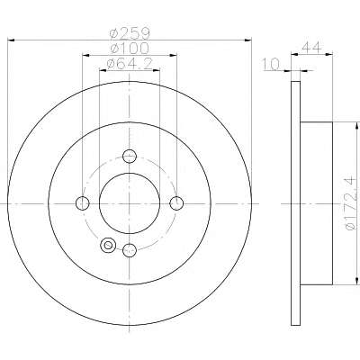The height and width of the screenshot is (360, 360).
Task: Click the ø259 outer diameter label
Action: pos(130,33)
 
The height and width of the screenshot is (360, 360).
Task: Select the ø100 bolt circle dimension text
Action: pos(130,49)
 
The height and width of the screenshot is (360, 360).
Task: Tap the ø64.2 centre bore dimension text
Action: pos(130,63)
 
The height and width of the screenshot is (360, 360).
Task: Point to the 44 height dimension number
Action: pos(311,48)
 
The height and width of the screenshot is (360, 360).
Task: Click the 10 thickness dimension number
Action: pos(271,64)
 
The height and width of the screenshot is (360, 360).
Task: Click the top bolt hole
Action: pos(130,156)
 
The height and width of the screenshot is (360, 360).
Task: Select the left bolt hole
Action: pos(83,203)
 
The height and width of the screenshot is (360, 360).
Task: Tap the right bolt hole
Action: pos(176,203)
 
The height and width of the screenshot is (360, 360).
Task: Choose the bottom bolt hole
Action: pos(130,250)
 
